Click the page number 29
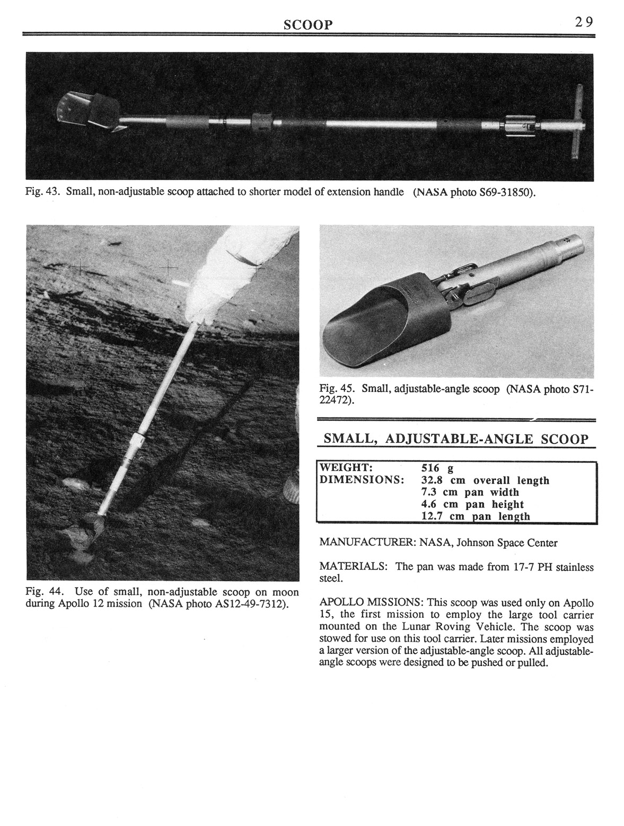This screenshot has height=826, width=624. pyautogui.click(x=582, y=22)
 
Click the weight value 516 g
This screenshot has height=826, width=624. pyautogui.click(x=437, y=468)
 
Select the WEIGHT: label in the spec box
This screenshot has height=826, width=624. pyautogui.click(x=345, y=468)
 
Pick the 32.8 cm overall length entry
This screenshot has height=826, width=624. pyautogui.click(x=485, y=481)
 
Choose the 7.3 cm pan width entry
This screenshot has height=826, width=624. pyautogui.click(x=470, y=492)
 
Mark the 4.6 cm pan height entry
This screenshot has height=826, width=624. pyautogui.click(x=472, y=504)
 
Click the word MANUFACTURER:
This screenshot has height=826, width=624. pyautogui.click(x=367, y=543)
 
